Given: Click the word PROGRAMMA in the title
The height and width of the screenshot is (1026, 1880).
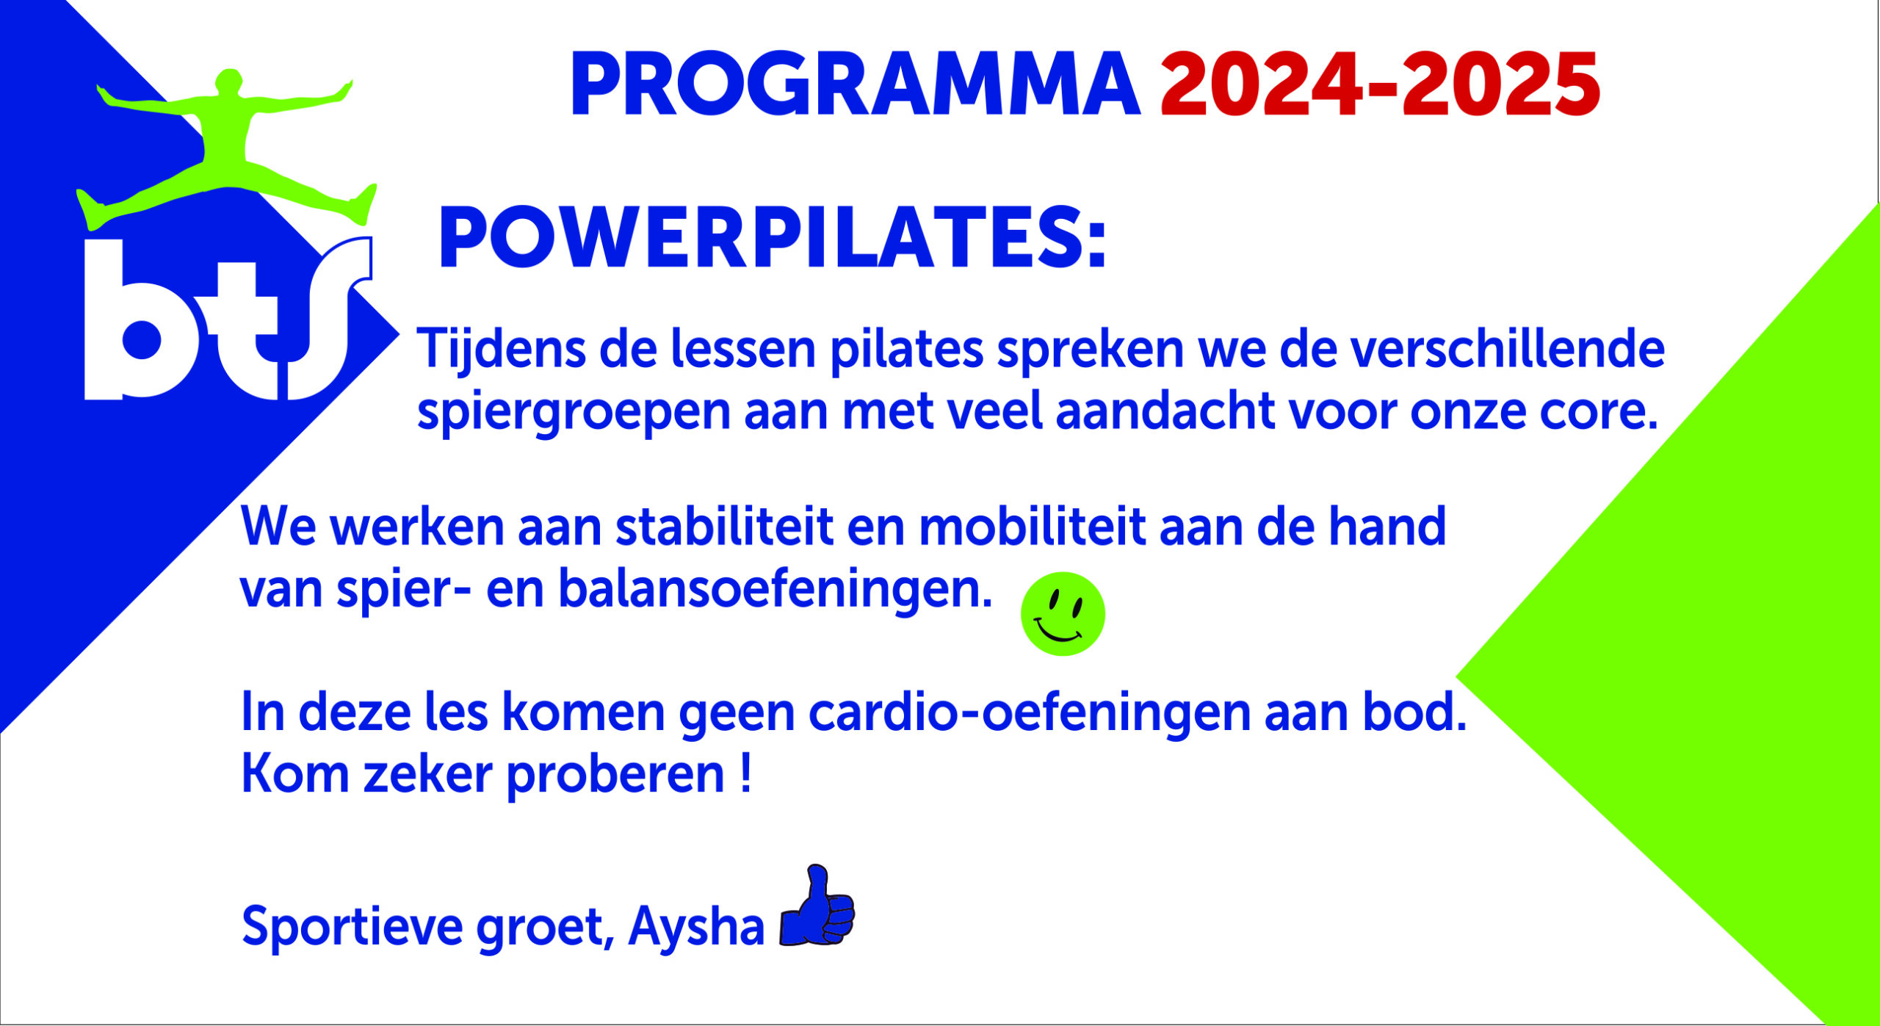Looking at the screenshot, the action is pyautogui.click(x=856, y=84).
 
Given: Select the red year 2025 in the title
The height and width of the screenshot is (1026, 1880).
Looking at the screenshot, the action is pyautogui.click(x=1500, y=84).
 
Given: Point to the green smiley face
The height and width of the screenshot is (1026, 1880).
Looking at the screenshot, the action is pyautogui.click(x=1063, y=614).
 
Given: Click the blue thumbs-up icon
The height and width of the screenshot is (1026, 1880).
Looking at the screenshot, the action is pyautogui.click(x=817, y=905).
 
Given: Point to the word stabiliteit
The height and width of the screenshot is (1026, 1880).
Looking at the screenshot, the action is pyautogui.click(x=724, y=527).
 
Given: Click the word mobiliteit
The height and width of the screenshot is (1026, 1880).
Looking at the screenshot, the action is pyautogui.click(x=1032, y=527).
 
